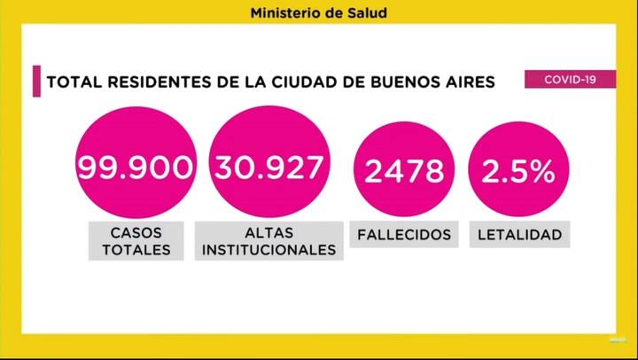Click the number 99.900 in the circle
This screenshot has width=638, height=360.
tap(135, 168)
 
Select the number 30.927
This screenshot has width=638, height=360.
tap(269, 167)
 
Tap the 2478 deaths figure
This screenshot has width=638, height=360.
tap(404, 170)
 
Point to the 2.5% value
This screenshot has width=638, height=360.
tap(518, 170)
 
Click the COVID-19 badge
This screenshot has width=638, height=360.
tap(570, 80)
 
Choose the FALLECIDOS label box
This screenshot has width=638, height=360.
tap(404, 235)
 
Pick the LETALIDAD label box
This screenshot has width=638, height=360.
tap(519, 235)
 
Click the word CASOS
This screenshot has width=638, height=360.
tap(135, 232)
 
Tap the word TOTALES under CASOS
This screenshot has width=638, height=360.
tap(135, 249)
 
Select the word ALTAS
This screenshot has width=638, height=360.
tap(269, 232)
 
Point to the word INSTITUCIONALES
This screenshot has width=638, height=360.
tap(269, 249)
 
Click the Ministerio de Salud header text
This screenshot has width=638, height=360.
tap(318, 13)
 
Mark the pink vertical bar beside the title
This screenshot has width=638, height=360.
tap(36, 81)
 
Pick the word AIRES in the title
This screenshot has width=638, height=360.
tap(471, 82)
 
